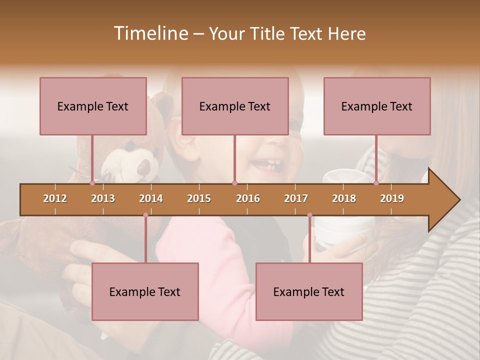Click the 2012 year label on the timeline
pos(55,198)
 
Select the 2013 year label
pos(103,198)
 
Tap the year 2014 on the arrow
pos(151,198)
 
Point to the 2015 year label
pos(199,198)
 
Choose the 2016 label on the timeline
pos(248,198)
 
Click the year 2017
pos(296,198)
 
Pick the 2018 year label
pos(344,198)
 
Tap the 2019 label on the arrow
pos(392,198)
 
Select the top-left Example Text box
pos(93,106)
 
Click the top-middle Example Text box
pos(235,106)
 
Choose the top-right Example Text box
pos(377,106)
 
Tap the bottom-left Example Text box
pos(145,291)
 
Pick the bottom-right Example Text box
pos(309,291)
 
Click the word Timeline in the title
pos(150,33)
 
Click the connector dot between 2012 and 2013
pos(92,183)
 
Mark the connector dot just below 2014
pos(145,215)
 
